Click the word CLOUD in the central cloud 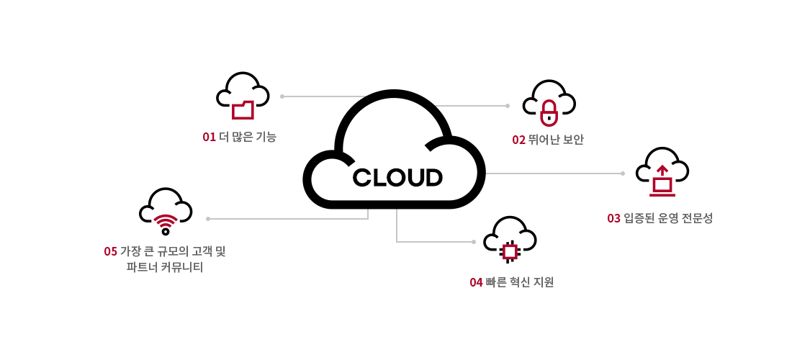click(x=397, y=177)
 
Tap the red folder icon click(x=243, y=109)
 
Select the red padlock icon click(x=549, y=112)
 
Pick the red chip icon click(x=510, y=251)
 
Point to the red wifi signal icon click(x=166, y=224)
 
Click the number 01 click(x=209, y=137)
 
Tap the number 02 click(x=518, y=140)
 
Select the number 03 click(x=613, y=218)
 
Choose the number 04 click(x=476, y=282)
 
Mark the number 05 click(x=110, y=251)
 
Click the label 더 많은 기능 click(x=247, y=137)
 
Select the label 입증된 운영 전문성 click(x=668, y=218)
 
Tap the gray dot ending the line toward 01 click(x=282, y=96)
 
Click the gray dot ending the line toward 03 click(x=623, y=173)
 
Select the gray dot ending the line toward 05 click(x=207, y=218)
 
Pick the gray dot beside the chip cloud click(x=473, y=241)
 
